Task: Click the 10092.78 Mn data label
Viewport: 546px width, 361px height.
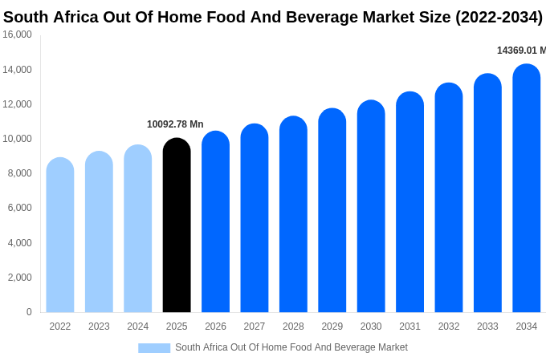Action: coord(175,124)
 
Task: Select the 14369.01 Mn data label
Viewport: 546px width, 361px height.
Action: coord(521,51)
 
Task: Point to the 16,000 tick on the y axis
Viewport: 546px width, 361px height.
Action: coord(18,34)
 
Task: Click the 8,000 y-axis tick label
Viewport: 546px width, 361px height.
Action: coord(19,173)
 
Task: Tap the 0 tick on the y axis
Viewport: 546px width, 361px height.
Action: coord(29,312)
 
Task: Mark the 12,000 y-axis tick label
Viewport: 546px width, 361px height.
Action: coord(18,104)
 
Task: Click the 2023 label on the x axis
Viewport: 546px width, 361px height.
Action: coord(99,327)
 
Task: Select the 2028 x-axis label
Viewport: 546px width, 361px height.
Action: coord(293,327)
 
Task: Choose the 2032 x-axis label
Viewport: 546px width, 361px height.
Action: coord(449,327)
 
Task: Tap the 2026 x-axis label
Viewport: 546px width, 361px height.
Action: coord(215,327)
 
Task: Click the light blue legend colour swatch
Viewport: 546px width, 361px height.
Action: coord(154,348)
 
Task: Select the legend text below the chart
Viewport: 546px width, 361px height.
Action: coord(291,347)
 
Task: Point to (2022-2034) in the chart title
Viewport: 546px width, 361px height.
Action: coord(499,17)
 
